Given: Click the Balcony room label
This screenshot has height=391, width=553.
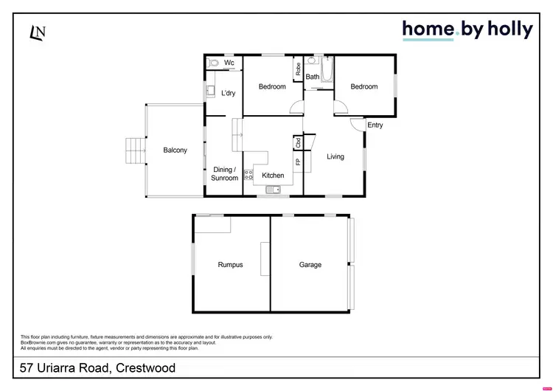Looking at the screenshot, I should click(175, 150).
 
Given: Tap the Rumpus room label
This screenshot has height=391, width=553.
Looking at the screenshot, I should click(230, 265).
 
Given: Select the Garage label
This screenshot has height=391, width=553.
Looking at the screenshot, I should click(310, 265).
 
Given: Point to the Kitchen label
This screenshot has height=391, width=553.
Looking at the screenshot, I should click(273, 176).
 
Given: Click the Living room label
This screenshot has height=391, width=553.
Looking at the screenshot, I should click(335, 156).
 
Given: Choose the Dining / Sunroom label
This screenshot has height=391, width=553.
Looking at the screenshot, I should click(225, 173).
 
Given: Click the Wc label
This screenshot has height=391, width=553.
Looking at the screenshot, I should click(229, 63).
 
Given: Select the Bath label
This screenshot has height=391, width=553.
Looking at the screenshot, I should click(313, 77).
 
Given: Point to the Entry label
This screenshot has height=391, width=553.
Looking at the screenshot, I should click(375, 125).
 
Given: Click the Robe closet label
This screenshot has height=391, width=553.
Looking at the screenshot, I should click(298, 70).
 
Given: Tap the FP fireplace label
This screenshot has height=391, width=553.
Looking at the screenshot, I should click(298, 162).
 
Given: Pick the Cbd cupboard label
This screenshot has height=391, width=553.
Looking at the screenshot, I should click(298, 142).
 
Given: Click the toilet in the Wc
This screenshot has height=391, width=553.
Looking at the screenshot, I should click(212, 63).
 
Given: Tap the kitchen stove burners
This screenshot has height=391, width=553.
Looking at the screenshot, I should click(248, 176).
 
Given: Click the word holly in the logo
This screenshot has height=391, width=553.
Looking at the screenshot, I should click(508, 29).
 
